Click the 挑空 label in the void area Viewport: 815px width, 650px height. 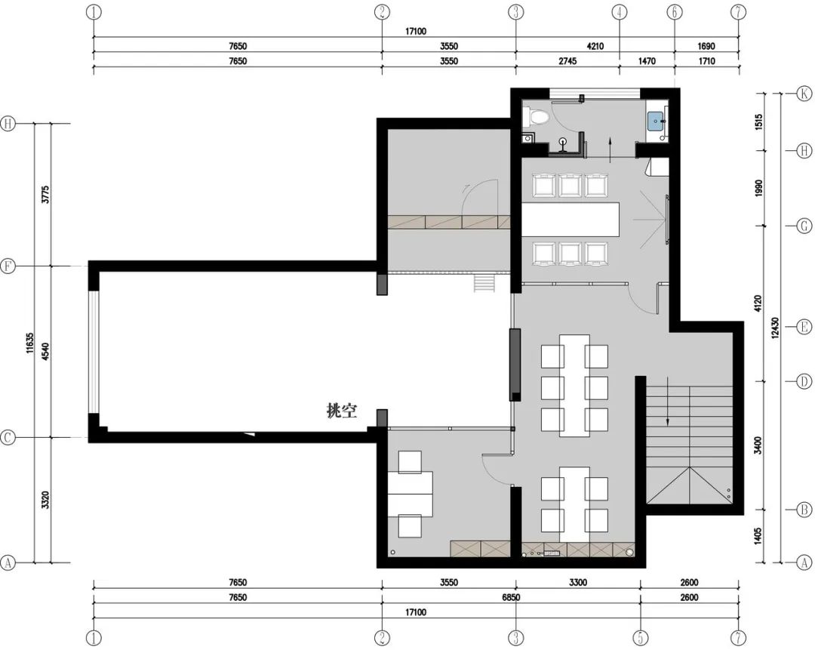coord(342,411)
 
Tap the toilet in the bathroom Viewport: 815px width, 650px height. coord(538,118)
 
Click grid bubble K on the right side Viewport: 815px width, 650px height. coord(804,94)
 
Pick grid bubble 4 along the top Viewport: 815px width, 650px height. coord(620,11)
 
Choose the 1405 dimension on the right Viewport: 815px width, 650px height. coord(758,534)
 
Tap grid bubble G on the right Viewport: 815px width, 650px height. coord(804,226)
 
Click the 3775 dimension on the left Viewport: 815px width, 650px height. coord(46,195)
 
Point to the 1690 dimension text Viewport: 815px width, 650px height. coord(706,46)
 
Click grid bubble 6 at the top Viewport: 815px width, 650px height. coord(675,11)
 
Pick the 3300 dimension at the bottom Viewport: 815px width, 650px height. coord(578,582)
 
